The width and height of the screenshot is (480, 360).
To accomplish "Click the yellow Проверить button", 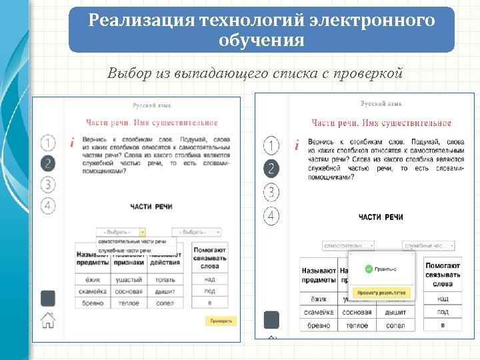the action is [221, 321].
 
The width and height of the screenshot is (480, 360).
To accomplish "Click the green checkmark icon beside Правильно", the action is [369, 269].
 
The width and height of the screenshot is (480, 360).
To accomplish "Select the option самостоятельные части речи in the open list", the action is [132, 241].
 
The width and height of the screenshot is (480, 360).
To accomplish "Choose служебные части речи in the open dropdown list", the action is [125, 250].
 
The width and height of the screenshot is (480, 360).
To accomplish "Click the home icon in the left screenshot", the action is [48, 320].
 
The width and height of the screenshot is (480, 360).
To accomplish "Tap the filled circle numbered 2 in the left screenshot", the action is [48, 163].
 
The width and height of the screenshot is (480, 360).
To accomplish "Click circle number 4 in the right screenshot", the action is [271, 216].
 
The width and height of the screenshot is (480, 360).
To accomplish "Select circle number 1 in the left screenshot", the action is [48, 143].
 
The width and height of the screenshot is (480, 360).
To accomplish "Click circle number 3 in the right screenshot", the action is [271, 193].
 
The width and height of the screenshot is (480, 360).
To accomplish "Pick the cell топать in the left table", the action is [165, 279].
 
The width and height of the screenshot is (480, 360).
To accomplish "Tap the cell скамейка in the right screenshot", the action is [319, 312].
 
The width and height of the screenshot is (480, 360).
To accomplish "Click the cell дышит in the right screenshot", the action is [395, 312].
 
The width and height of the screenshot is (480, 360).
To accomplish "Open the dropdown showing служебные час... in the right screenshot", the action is [429, 246].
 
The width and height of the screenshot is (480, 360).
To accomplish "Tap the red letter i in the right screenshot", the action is [296, 144].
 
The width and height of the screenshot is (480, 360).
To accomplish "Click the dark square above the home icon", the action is [48, 297].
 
